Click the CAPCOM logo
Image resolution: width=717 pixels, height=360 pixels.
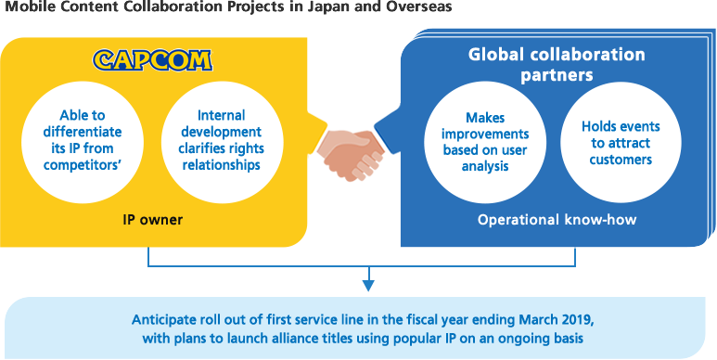click(152, 61)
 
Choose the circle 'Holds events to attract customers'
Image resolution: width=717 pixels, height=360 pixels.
click(617, 142)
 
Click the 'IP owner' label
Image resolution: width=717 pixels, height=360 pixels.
click(153, 222)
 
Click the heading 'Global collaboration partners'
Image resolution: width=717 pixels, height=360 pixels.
click(556, 64)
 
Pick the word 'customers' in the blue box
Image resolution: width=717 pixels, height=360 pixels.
click(617, 160)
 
